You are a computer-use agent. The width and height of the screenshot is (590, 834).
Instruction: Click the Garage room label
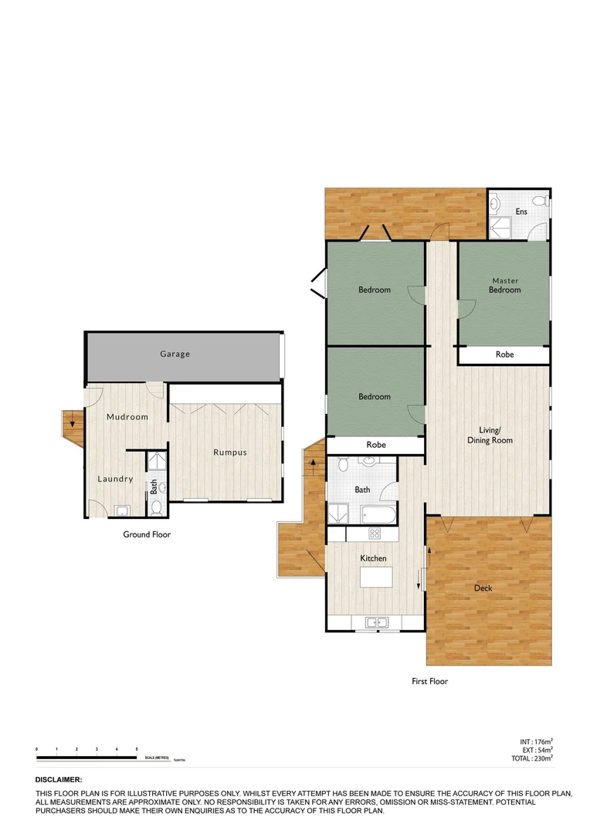click(x=175, y=354)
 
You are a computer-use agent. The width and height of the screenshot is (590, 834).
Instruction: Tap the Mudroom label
click(x=127, y=417)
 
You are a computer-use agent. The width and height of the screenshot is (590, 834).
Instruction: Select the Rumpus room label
click(x=230, y=452)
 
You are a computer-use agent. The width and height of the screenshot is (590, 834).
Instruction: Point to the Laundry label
click(x=115, y=479)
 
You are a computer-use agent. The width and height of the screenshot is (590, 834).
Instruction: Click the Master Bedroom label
click(x=505, y=285)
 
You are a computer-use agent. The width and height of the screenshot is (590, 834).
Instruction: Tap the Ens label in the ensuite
click(x=521, y=212)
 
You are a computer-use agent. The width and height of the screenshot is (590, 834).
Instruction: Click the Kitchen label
click(x=373, y=558)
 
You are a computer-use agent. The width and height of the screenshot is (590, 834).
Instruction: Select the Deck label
click(x=483, y=588)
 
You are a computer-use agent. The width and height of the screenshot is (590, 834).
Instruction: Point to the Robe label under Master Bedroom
click(x=504, y=354)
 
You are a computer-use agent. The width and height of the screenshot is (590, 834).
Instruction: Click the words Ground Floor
click(x=147, y=534)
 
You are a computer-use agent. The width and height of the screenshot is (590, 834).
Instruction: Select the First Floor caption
click(x=429, y=681)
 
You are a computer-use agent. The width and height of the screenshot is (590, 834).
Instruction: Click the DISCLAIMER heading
click(x=59, y=781)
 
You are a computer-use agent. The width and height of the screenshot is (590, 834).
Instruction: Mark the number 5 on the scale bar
click(x=137, y=750)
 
